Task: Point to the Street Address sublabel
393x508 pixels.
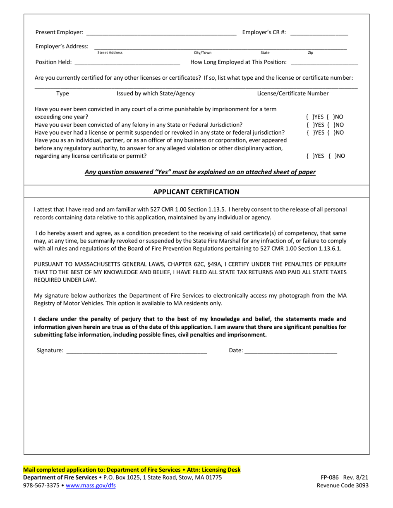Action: click(x=110, y=53)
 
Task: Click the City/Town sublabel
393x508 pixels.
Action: click(x=203, y=53)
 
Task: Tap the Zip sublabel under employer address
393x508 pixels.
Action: click(x=311, y=53)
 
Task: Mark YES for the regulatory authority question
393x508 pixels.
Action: click(x=311, y=156)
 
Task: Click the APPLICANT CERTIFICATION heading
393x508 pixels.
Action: click(x=196, y=192)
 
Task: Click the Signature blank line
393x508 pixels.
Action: click(x=137, y=351)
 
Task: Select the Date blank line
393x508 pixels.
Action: click(x=291, y=351)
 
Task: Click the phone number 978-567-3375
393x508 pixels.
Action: click(x=41, y=486)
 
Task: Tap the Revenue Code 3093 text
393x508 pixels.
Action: click(x=343, y=486)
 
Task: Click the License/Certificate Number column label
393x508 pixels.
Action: click(x=293, y=94)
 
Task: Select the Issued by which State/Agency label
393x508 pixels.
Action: click(x=156, y=94)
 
